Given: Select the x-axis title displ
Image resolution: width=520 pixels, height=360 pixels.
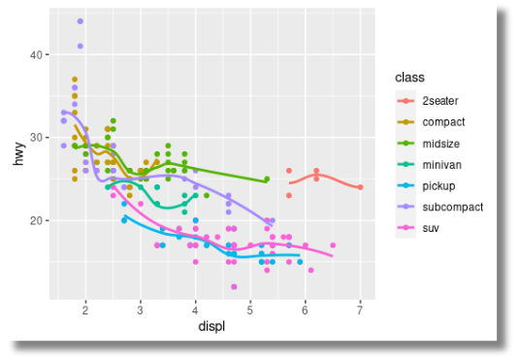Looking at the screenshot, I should coord(211,327).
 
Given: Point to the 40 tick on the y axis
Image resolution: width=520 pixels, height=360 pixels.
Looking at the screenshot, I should coord(36,55).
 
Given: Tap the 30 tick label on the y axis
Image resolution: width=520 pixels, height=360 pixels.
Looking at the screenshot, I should coord(36,138).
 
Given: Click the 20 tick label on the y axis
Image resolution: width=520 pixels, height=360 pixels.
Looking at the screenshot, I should coord(36,220).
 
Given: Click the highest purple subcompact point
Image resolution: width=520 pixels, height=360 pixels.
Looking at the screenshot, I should coord(80,21).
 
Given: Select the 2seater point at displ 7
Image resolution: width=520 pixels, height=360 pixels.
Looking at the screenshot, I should coord(360,187).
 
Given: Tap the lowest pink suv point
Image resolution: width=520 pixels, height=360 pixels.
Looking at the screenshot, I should coord(234,286).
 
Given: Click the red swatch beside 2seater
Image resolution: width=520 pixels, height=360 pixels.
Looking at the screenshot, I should coord(405,101).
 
